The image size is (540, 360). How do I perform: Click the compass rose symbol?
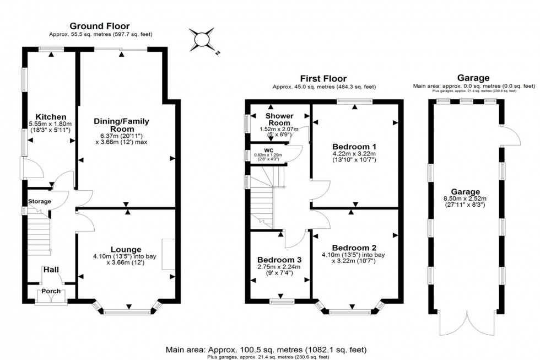coord(202,41)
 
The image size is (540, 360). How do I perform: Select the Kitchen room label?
coord(51,117)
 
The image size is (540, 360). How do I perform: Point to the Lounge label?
coord(126,249)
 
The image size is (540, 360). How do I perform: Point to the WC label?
coord(269,149)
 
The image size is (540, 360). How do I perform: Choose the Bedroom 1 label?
coord(354,146)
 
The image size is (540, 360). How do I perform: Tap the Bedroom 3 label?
coord(279,260)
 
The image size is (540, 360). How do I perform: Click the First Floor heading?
coord(323,79)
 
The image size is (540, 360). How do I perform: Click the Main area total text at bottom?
coord(266,350)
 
